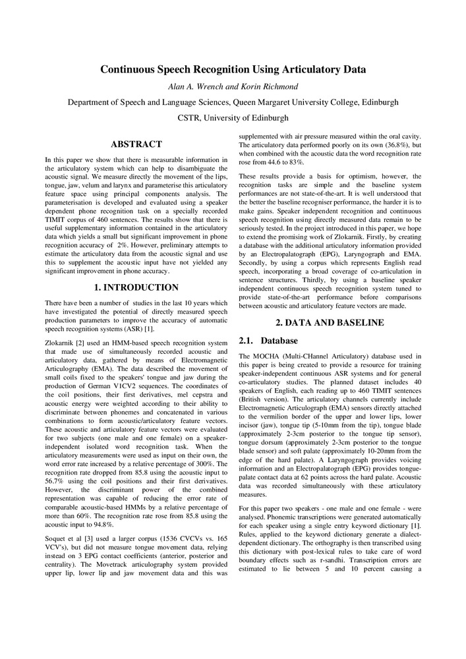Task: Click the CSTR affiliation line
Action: (233, 118)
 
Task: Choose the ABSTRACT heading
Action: (136, 144)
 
